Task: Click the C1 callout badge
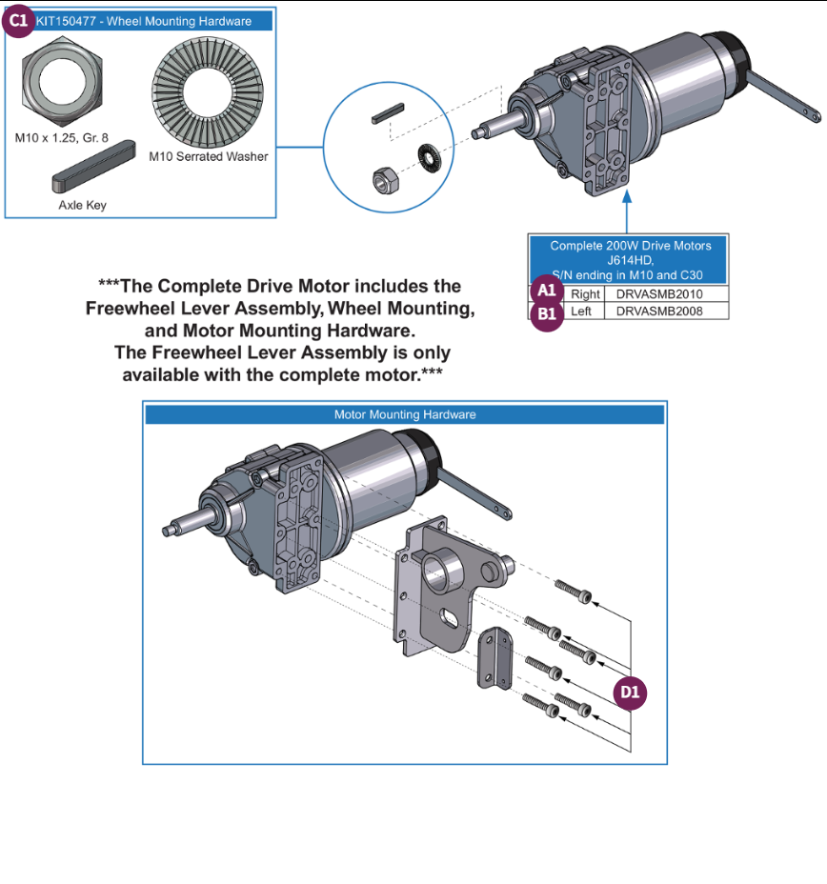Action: click(x=19, y=21)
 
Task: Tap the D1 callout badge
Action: click(x=630, y=693)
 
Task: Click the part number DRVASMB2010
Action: click(x=659, y=294)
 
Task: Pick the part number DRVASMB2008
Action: click(x=659, y=311)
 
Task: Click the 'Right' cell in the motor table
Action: click(x=585, y=294)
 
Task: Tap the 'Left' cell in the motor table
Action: click(x=581, y=311)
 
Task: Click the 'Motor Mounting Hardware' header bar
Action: click(x=404, y=414)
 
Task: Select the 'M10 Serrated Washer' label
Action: click(x=209, y=156)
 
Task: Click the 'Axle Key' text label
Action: click(x=83, y=205)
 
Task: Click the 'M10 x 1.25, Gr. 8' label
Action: click(x=61, y=137)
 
